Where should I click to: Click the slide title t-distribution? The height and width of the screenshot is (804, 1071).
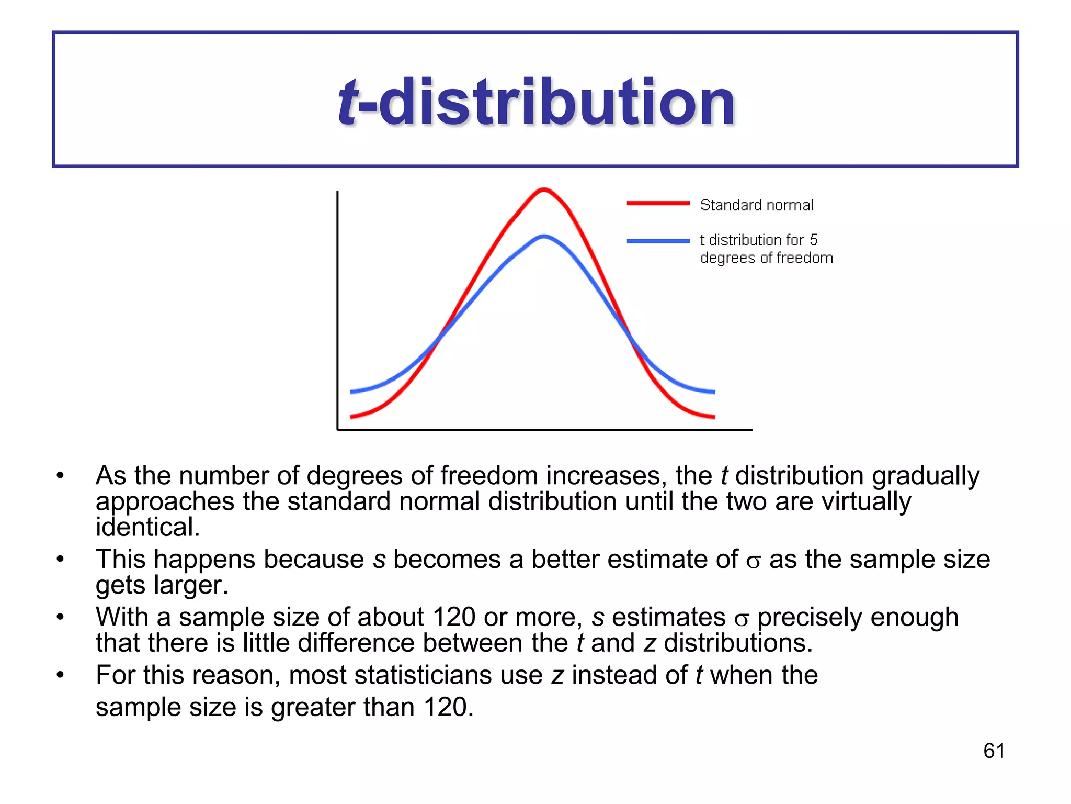[537, 102]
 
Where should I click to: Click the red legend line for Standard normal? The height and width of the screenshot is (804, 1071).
[658, 203]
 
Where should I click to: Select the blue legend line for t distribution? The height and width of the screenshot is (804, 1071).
[658, 241]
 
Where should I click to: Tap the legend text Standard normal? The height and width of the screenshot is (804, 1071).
[756, 205]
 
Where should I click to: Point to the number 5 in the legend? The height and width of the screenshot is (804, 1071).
[813, 240]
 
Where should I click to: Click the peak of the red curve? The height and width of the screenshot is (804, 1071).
[544, 189]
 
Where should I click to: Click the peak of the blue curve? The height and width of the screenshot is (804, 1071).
[544, 237]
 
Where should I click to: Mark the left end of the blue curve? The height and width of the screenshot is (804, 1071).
[351, 392]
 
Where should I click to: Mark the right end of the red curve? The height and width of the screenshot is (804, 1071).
[713, 417]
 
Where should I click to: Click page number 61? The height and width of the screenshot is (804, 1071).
[994, 751]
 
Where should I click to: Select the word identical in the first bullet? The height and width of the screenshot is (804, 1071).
[147, 527]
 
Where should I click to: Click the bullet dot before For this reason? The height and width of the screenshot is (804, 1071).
[61, 675]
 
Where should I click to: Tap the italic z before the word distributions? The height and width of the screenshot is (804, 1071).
[649, 643]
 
